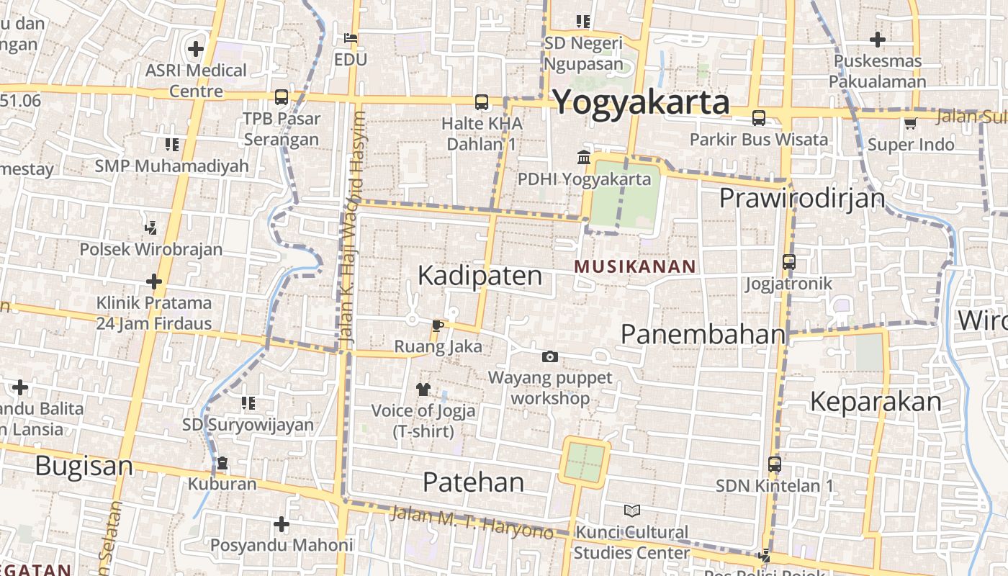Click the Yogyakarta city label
[x=641, y=102]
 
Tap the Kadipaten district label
[x=480, y=275]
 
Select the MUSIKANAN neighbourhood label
[x=635, y=266]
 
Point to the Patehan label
[x=473, y=482]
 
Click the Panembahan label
[x=703, y=334]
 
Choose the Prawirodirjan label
[x=802, y=197]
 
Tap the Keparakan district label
[x=876, y=401]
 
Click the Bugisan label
[x=84, y=466]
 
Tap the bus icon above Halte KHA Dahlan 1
[x=481, y=102]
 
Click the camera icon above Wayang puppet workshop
[x=550, y=356]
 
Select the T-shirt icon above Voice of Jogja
[x=423, y=390]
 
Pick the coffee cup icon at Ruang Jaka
[x=437, y=325]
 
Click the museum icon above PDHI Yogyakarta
[x=583, y=157]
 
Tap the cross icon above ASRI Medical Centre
[x=195, y=50]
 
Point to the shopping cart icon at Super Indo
[x=910, y=124]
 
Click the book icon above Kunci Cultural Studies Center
[x=631, y=510]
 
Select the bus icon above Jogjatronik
[x=788, y=262]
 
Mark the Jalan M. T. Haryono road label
[x=472, y=523]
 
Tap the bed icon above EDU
[x=351, y=37]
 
